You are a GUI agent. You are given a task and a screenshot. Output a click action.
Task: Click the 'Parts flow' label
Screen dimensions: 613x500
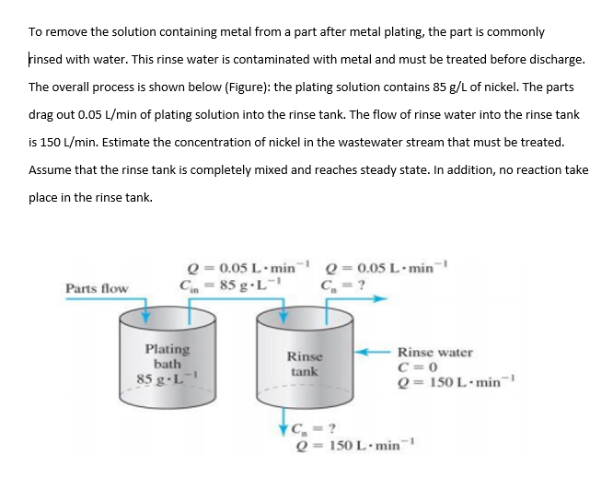click(97, 288)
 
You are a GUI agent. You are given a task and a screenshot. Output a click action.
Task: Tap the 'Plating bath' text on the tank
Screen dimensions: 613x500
click(168, 356)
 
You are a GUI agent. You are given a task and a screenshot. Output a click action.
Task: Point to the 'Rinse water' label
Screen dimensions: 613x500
click(435, 352)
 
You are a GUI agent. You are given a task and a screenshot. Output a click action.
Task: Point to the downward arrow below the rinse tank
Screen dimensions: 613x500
click(283, 429)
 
